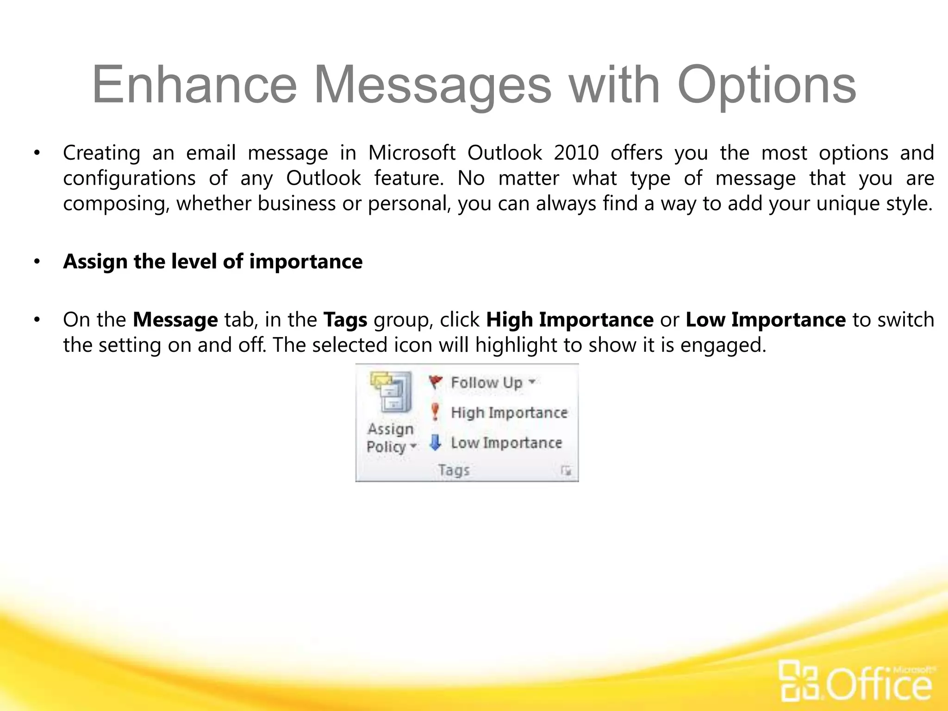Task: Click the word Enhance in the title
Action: (194, 85)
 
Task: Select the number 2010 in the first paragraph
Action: (576, 153)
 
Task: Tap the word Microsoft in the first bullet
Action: (412, 153)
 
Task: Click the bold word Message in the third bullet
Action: (175, 320)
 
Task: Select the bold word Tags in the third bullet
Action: (345, 320)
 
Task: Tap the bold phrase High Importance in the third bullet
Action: (569, 320)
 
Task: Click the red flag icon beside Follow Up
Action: (435, 382)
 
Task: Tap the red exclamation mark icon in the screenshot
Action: (435, 412)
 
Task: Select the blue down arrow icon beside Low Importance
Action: (435, 443)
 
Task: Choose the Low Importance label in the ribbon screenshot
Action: (506, 443)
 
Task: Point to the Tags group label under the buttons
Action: (454, 470)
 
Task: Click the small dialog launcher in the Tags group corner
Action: (566, 471)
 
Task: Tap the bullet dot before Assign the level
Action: (37, 262)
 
